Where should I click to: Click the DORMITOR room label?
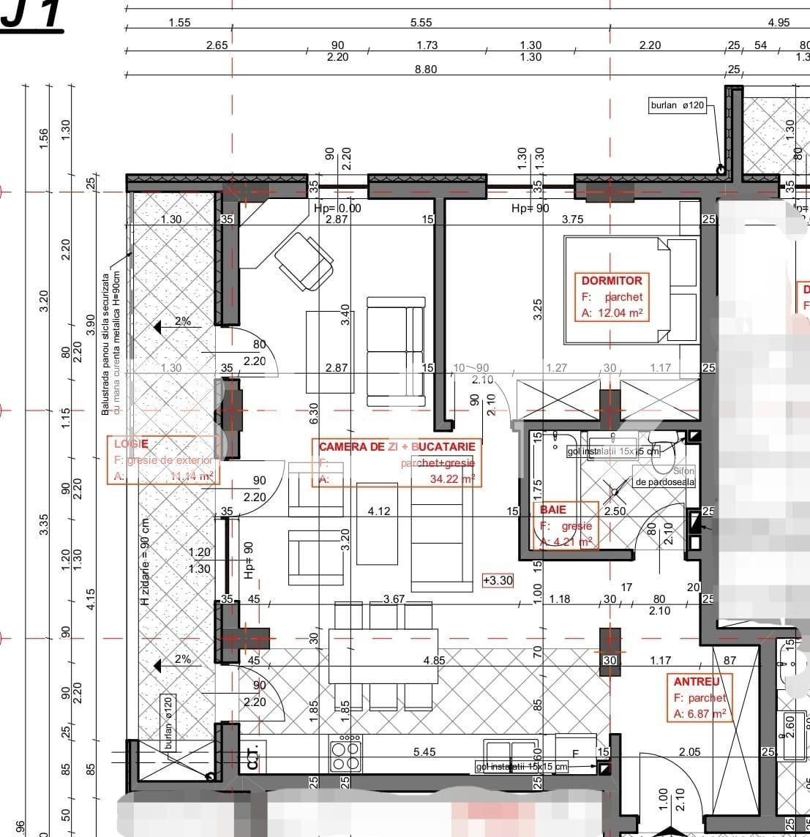click(x=612, y=280)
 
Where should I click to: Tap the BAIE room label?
click(x=553, y=509)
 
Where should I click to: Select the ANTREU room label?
click(x=697, y=682)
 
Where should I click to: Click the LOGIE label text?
click(x=131, y=444)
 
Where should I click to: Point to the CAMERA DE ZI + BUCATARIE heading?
click(x=397, y=446)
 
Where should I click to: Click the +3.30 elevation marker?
click(x=498, y=580)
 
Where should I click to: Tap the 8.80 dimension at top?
click(x=425, y=70)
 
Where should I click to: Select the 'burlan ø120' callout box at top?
click(x=677, y=105)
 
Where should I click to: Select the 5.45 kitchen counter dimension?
click(x=424, y=751)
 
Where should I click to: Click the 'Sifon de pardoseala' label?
click(x=666, y=476)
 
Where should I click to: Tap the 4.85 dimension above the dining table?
click(x=434, y=660)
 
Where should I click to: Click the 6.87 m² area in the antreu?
click(x=706, y=714)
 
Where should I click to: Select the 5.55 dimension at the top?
click(x=421, y=23)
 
